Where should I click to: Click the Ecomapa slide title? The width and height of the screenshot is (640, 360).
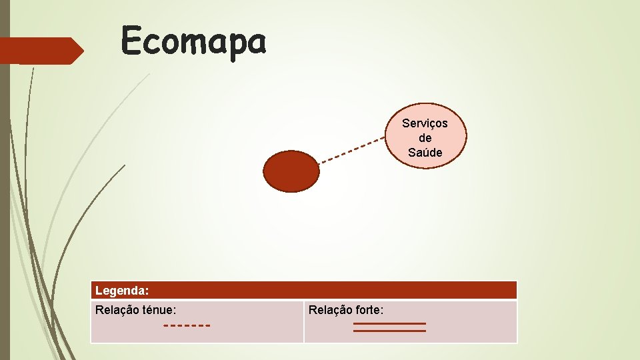194,42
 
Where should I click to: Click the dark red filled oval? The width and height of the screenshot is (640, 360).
291,171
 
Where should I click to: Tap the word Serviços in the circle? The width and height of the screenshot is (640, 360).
425,123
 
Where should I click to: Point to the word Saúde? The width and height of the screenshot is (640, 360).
425,153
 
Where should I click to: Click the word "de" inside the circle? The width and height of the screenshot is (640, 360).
425,138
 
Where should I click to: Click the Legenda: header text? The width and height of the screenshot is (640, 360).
122,291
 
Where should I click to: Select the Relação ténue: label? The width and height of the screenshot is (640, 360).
136,310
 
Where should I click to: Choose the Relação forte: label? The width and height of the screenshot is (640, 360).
345,310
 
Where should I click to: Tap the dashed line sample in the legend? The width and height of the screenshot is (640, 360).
187,326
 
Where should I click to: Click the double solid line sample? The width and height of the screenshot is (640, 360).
389,327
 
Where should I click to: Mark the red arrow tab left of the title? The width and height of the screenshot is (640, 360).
40,51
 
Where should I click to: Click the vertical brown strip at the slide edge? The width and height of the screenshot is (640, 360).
5,200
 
